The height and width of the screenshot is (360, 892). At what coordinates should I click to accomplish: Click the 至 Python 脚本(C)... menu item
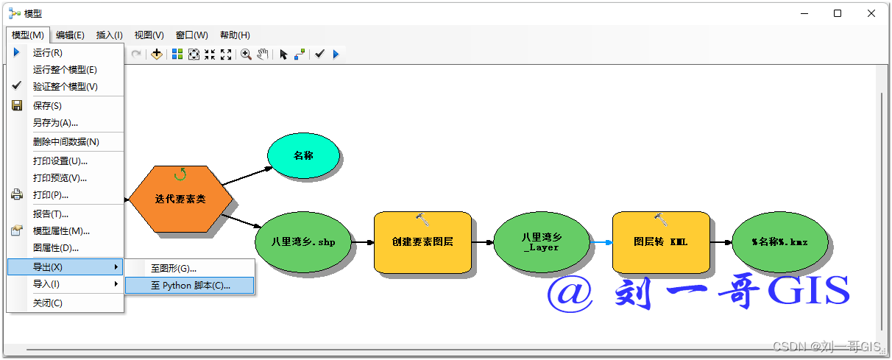pos(190,285)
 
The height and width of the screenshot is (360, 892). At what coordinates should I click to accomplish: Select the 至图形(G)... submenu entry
pos(174,268)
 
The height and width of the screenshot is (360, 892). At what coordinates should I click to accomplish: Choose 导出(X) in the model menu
pos(48,267)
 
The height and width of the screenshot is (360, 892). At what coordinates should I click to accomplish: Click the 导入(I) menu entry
pos(46,283)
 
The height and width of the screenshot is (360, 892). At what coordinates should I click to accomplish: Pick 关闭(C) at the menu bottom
pos(48,303)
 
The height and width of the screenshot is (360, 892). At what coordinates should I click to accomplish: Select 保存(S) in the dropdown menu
pos(47,105)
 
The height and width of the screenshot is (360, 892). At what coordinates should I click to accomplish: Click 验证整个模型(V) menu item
pos(65,86)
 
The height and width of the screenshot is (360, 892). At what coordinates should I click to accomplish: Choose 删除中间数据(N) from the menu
pos(66,141)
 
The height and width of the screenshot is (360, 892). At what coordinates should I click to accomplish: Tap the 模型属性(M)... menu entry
pos(61,230)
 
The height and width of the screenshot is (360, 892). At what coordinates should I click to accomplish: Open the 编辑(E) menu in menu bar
pos(70,35)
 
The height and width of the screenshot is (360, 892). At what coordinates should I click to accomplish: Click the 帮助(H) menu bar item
pos(235,35)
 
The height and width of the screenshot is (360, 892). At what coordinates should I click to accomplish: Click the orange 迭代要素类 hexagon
pos(180,199)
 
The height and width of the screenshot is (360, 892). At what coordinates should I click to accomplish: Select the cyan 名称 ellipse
pos(303,155)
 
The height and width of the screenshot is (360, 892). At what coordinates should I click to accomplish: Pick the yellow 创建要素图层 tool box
pos(422,241)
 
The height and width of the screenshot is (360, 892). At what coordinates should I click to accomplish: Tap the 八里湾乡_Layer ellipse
pos(542,241)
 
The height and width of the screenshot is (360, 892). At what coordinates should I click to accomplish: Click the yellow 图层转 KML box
pos(660,241)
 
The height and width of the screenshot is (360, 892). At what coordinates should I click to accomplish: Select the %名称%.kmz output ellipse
pos(779,241)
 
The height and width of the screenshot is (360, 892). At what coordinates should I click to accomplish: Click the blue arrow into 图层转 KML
pos(601,241)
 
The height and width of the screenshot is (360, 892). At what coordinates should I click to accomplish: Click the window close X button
pos(871,13)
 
